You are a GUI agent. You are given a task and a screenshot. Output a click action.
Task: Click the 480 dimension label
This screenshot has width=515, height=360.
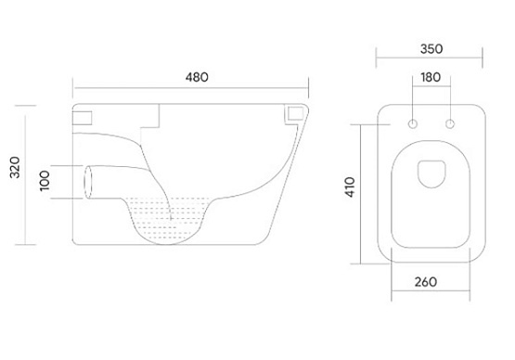coord(197,77)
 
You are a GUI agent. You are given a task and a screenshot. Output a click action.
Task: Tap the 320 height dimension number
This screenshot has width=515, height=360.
coord(15,168)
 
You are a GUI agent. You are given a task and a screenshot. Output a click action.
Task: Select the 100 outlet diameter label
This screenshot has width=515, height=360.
coord(45,181)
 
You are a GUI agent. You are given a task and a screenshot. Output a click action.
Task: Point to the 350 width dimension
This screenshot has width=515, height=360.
coord(431,49)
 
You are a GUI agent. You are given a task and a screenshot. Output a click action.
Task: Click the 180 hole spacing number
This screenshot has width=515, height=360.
coord(431,78)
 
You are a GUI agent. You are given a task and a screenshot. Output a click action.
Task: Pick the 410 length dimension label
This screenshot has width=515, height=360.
coord(350,187)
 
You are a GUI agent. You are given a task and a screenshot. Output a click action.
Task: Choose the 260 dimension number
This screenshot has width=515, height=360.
coord(426,282)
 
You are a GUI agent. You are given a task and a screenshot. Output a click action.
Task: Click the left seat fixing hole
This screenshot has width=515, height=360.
coord(413,124)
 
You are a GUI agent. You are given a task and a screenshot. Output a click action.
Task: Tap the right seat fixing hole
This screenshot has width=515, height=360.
coord(450,124)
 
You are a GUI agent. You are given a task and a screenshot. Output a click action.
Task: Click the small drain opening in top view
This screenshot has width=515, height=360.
coord(431,174)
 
